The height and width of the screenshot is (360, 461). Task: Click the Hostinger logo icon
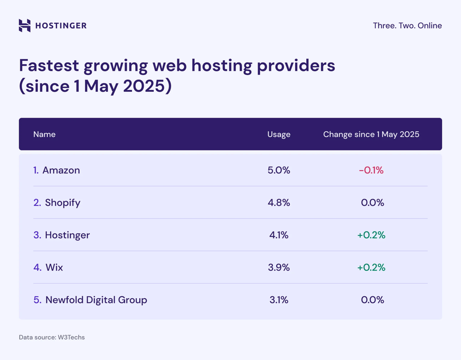[24, 25]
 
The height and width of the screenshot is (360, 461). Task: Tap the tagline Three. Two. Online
[407, 26]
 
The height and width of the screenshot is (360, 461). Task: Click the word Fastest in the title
[49, 66]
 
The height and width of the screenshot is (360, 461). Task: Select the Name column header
[45, 135]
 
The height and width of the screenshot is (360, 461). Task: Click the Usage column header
[279, 135]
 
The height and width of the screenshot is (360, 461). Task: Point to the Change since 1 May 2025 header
[371, 135]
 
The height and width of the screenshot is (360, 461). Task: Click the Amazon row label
[61, 170]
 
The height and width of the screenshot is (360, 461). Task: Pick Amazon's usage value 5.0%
[279, 170]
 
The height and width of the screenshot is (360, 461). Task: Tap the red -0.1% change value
[371, 170]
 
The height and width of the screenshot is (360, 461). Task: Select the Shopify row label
[62, 202]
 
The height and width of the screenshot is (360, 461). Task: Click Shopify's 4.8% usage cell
[279, 202]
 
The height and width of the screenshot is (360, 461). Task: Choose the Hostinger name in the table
[67, 235]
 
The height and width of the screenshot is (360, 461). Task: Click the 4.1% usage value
[279, 235]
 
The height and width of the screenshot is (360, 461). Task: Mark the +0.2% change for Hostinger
[371, 235]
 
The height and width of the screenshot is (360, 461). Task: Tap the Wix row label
[54, 267]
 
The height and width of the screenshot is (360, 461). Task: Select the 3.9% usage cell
[279, 267]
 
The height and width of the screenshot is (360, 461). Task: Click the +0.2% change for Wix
[371, 267]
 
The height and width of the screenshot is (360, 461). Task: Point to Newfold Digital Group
[96, 300]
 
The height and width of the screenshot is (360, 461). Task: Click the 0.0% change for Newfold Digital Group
[372, 300]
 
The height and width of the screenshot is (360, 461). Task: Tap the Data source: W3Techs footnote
[52, 337]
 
